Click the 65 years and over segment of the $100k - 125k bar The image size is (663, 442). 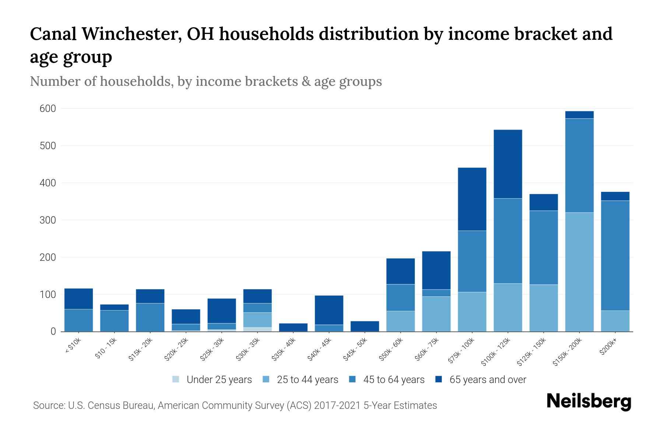tap(508, 164)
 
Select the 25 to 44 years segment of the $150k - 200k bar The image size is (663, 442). tap(579, 272)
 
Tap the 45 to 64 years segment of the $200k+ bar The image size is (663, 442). tap(615, 256)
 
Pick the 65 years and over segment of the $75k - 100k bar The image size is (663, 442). tap(472, 199)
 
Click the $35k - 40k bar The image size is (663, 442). tap(293, 327)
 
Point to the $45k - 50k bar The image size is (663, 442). tap(365, 326)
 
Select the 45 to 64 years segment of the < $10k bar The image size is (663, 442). tap(78, 320)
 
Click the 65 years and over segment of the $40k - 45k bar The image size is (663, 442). tap(329, 310)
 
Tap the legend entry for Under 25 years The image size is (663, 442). tap(219, 380)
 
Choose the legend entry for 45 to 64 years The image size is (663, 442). tap(393, 380)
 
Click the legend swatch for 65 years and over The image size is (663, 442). tap(439, 379)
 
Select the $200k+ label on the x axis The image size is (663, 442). tap(608, 348)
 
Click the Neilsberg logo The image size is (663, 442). tap(589, 401)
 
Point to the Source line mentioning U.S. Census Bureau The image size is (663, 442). tap(235, 406)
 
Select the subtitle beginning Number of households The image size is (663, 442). tap(206, 81)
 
